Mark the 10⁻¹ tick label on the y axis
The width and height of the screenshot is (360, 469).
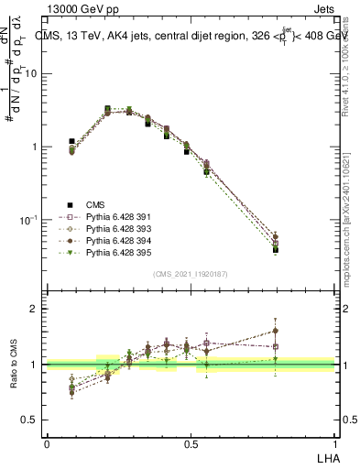click(x=29, y=220)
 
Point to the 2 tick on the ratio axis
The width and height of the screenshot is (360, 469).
click(x=36, y=310)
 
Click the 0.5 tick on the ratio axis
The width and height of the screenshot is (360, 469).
click(x=30, y=420)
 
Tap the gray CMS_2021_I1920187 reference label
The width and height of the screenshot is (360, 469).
click(x=190, y=274)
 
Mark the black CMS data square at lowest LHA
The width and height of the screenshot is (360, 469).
click(x=71, y=142)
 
